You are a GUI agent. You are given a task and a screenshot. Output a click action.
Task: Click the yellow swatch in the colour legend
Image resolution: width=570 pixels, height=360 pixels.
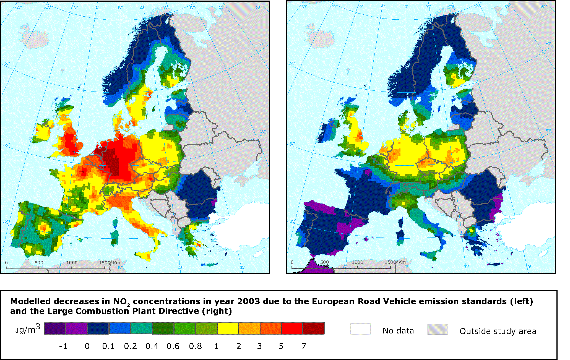tap(228, 328)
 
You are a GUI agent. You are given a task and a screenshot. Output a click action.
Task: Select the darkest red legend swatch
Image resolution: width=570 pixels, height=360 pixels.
tap(314, 328)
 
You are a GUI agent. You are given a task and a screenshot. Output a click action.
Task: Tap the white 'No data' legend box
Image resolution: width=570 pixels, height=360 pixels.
tap(360, 329)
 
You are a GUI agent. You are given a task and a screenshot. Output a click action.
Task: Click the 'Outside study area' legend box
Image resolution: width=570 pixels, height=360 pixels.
tap(438, 329)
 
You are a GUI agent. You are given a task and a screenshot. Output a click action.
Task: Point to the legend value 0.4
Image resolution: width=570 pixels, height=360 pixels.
tap(152, 346)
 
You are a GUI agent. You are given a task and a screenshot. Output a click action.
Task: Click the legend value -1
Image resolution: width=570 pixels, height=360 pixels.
tap(63, 346)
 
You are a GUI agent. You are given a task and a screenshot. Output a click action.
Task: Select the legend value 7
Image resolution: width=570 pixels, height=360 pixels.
tap(304, 346)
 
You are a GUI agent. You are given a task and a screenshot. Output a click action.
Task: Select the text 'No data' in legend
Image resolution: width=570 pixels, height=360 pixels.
tap(398, 331)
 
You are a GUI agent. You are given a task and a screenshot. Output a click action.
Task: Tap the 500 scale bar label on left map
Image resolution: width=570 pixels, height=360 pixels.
tap(39, 263)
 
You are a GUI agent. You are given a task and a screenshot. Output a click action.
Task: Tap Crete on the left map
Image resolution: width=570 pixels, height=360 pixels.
tap(209, 265)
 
